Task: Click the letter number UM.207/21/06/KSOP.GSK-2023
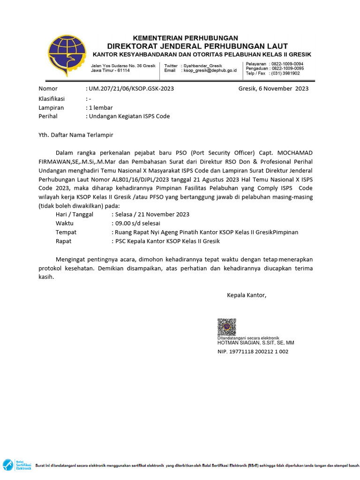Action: coord(128,89)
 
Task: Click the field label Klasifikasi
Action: coord(52,99)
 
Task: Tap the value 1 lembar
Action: coord(101,108)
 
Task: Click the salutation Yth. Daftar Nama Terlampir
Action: coord(75,135)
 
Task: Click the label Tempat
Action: coord(66,232)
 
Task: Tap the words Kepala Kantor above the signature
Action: coord(247,295)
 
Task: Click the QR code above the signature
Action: coord(226,327)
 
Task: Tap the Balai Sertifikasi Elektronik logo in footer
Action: coord(16,465)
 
